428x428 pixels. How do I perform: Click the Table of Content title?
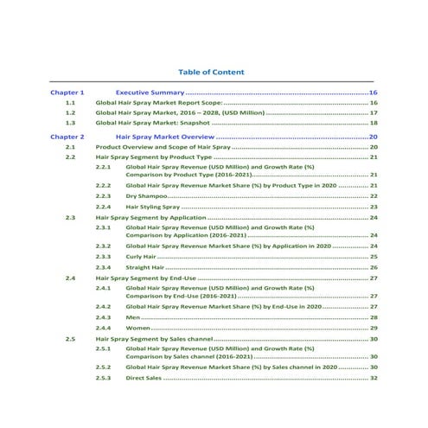tap(211, 72)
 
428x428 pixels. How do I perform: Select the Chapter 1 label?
tap(67, 92)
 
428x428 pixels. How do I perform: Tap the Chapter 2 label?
tap(67, 137)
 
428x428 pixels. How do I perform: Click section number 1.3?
tap(71, 124)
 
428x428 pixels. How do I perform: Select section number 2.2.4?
tap(103, 208)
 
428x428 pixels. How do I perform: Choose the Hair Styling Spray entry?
tap(153, 208)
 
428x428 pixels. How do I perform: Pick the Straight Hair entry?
tap(145, 268)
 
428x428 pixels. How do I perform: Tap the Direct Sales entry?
tap(144, 378)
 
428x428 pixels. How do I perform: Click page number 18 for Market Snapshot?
tap(374, 124)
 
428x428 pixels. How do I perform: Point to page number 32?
tap(374, 378)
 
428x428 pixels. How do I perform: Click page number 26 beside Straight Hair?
tap(374, 268)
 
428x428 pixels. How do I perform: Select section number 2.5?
tap(71, 340)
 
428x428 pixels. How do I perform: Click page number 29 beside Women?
tap(374, 329)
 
